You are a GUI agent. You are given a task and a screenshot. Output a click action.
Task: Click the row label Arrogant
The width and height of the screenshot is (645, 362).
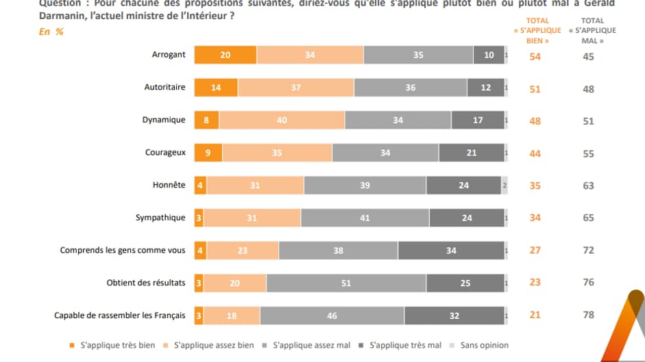(x=168, y=55)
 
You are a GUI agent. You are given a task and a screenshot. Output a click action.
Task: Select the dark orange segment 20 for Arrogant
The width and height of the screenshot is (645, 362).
(x=225, y=55)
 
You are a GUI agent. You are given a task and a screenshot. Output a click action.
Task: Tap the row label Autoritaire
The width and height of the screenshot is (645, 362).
(x=165, y=88)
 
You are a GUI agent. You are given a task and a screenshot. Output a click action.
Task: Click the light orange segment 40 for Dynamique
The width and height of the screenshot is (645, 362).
(x=281, y=120)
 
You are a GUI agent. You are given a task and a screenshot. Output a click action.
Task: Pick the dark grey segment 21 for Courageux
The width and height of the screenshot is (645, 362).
(x=471, y=153)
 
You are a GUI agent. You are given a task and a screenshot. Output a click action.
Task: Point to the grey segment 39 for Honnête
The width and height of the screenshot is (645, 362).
(x=365, y=185)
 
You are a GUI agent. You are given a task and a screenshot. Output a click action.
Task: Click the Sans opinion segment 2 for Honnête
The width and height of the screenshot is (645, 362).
(x=504, y=185)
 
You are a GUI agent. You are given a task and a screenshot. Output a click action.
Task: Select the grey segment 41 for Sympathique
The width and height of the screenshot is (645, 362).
(x=365, y=218)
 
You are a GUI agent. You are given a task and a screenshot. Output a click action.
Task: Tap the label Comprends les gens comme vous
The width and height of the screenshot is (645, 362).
(x=123, y=250)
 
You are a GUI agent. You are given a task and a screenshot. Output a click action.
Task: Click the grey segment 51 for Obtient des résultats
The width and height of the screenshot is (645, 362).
(x=346, y=283)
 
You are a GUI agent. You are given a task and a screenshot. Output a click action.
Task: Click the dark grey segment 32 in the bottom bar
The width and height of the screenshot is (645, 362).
(x=454, y=315)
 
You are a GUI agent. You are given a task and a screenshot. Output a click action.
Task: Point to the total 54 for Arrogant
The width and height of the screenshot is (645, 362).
(x=535, y=56)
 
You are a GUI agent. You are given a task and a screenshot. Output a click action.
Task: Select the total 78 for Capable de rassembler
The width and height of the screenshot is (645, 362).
(x=588, y=315)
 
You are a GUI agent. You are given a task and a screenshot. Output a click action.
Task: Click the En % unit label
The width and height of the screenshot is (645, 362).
(x=51, y=31)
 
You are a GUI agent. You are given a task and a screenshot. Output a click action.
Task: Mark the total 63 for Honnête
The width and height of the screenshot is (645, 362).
(x=588, y=185)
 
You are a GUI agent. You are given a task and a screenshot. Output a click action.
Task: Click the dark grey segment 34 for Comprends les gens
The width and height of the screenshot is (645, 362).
(x=451, y=250)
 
